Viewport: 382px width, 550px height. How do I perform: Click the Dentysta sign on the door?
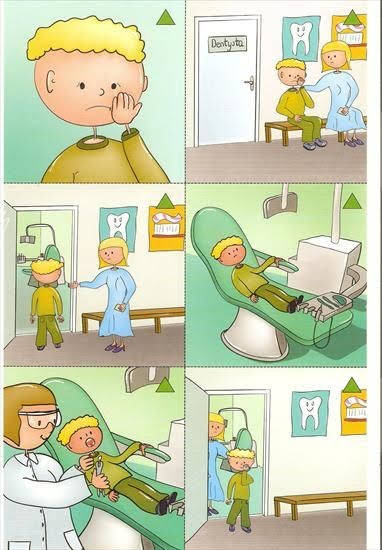(227, 44)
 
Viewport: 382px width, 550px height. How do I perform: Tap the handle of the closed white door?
(250, 83)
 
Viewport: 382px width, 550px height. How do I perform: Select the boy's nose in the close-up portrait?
(102, 92)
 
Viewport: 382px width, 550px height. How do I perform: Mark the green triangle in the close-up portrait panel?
(166, 18)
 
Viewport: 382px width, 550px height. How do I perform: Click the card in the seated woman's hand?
(342, 111)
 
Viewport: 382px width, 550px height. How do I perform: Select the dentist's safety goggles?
(41, 419)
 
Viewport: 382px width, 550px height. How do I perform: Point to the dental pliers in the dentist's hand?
(99, 468)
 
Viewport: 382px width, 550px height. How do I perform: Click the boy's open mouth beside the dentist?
(91, 443)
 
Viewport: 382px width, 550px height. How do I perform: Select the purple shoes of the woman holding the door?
(115, 348)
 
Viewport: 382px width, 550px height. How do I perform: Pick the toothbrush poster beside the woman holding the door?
(167, 228)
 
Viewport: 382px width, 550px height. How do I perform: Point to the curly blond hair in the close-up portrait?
(87, 39)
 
